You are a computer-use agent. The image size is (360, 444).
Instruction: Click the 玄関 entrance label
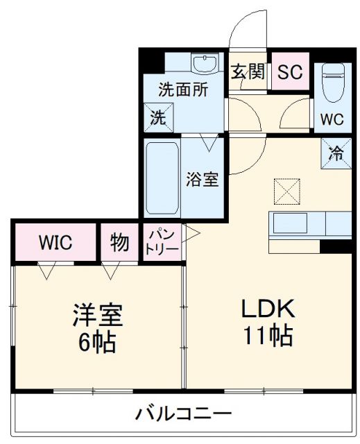click(x=248, y=72)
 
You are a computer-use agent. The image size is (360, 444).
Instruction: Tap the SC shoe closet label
click(x=290, y=72)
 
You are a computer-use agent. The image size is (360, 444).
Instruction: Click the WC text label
click(x=332, y=119)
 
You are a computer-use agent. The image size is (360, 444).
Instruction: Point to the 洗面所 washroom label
click(x=182, y=89)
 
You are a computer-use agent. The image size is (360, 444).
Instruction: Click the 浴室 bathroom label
click(x=202, y=179)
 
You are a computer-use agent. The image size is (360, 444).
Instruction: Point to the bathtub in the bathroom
click(x=162, y=178)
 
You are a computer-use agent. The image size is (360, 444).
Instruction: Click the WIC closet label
click(x=54, y=242)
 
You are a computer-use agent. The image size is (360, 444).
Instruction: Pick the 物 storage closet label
click(x=119, y=243)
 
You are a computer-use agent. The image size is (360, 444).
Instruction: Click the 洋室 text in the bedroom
click(x=98, y=316)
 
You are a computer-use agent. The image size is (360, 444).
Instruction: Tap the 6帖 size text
click(x=98, y=342)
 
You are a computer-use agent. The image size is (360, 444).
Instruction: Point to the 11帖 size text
click(x=267, y=336)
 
